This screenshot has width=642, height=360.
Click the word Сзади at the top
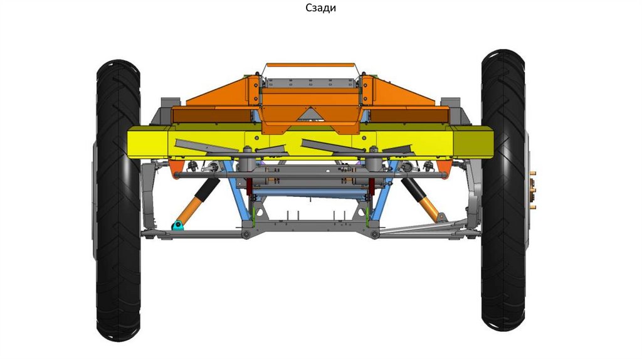click(320, 8)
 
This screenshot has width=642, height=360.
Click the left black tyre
click(118, 200)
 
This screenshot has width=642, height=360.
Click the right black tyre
click(503, 190)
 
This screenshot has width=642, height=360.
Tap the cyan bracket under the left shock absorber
click(177, 225)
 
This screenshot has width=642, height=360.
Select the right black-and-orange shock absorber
click(422, 200)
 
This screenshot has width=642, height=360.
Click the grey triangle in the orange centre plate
click(311, 114)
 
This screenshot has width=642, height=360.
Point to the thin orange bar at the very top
click(310, 65)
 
